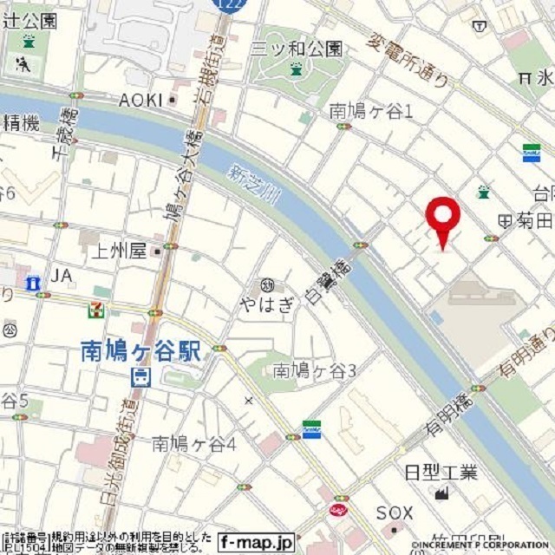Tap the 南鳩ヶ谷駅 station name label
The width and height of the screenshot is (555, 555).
tap(140, 351)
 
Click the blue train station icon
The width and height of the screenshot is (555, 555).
tap(139, 376)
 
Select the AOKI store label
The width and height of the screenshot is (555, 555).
tap(140, 100)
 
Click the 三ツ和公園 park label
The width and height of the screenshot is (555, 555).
tap(297, 49)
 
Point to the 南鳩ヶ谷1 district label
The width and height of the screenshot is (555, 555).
tap(370, 111)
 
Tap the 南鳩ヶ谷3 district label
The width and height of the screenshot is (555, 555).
tap(315, 371)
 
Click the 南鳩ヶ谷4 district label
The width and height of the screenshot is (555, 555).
tap(193, 444)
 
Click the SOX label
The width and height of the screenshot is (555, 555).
tap(395, 513)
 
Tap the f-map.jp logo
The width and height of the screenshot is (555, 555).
tap(256, 542)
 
